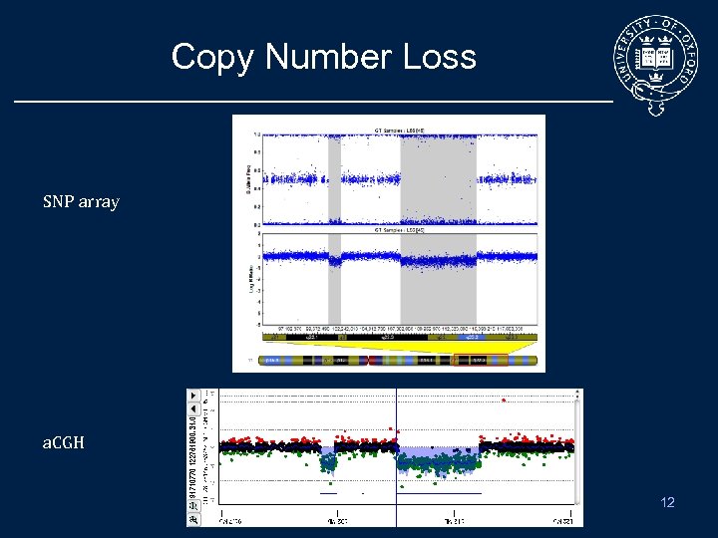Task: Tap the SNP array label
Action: coord(81,202)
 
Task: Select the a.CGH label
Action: coord(63,441)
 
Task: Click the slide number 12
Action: coord(667,502)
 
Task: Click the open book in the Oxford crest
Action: coord(659,56)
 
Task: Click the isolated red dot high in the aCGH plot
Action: coord(504,401)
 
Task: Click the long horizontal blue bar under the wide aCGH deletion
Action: coord(439,493)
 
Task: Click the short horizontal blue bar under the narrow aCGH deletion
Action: coord(328,493)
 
